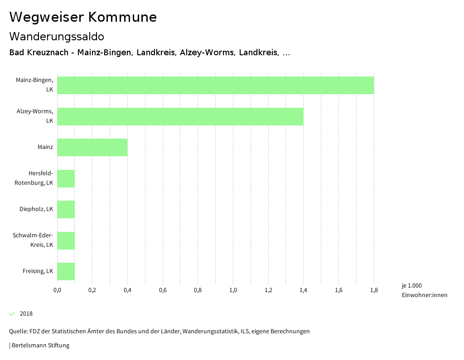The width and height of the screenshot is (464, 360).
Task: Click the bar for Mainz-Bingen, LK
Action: coord(215,85)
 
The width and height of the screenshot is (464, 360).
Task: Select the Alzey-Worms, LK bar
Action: coord(180,116)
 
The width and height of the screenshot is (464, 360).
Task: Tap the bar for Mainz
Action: coord(92,147)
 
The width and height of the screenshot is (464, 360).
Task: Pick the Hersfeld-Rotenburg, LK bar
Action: coord(66,178)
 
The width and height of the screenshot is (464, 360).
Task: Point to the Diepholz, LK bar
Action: coord(66,209)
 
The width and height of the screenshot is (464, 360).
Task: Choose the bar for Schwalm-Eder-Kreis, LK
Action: coord(66,240)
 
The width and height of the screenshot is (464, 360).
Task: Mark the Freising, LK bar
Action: coord(66,271)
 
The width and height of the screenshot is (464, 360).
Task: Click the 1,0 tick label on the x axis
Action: coord(233,290)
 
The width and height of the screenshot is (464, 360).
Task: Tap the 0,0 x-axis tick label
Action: coord(57,290)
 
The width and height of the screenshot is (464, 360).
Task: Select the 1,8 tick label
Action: coord(374,290)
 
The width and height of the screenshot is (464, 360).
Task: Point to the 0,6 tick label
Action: coord(163,290)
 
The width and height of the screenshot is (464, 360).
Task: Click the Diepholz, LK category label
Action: coord(36,209)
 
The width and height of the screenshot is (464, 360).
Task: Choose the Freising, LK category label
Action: coord(38,271)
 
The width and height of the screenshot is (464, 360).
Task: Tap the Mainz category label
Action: coord(45,147)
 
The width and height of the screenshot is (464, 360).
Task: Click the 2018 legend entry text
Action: coord(26,314)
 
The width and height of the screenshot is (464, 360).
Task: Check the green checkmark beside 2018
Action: coord(12,314)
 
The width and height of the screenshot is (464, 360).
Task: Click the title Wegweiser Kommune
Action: coord(83,17)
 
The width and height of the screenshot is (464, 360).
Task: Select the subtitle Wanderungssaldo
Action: coord(57,36)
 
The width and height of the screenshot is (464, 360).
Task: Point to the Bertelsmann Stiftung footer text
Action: coord(40,346)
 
